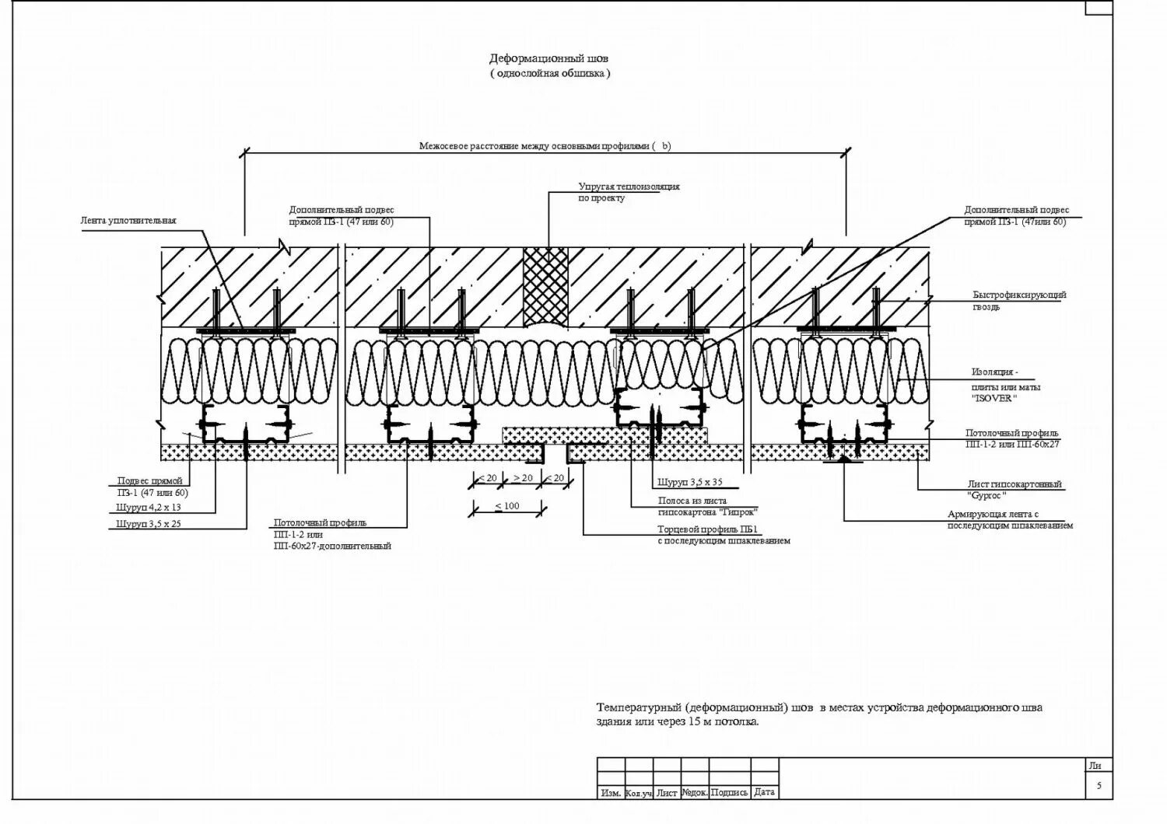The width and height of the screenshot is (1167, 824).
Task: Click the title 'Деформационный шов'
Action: pos(549,58)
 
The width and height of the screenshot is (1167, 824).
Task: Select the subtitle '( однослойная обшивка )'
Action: pos(550,73)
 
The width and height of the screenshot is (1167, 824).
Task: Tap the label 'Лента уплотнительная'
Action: pos(128,221)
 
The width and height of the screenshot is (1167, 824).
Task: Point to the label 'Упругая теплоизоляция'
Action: pos(629,187)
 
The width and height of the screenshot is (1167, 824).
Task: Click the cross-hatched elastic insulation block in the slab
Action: pos(547,286)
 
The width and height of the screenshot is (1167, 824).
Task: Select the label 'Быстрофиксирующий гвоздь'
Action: pos(1019,295)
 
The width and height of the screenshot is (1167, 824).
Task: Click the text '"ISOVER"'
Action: pos(994,399)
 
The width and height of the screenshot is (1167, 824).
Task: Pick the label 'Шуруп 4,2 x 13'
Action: pos(149,508)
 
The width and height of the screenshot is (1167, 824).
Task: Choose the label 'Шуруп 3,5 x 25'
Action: pos(149,525)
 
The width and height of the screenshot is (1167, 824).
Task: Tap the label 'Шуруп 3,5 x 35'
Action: pos(689,482)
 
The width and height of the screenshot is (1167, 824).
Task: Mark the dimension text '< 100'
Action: pos(507,506)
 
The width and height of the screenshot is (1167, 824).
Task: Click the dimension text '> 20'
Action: pos(523,477)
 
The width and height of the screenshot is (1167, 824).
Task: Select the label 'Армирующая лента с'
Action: pos(993,515)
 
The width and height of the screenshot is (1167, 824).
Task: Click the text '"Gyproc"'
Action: pos(987,495)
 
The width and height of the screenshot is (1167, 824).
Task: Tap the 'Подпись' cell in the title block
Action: pos(730,793)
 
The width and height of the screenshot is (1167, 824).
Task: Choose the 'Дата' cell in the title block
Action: pos(765,793)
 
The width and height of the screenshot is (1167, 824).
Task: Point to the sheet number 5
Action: pos(1099,786)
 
